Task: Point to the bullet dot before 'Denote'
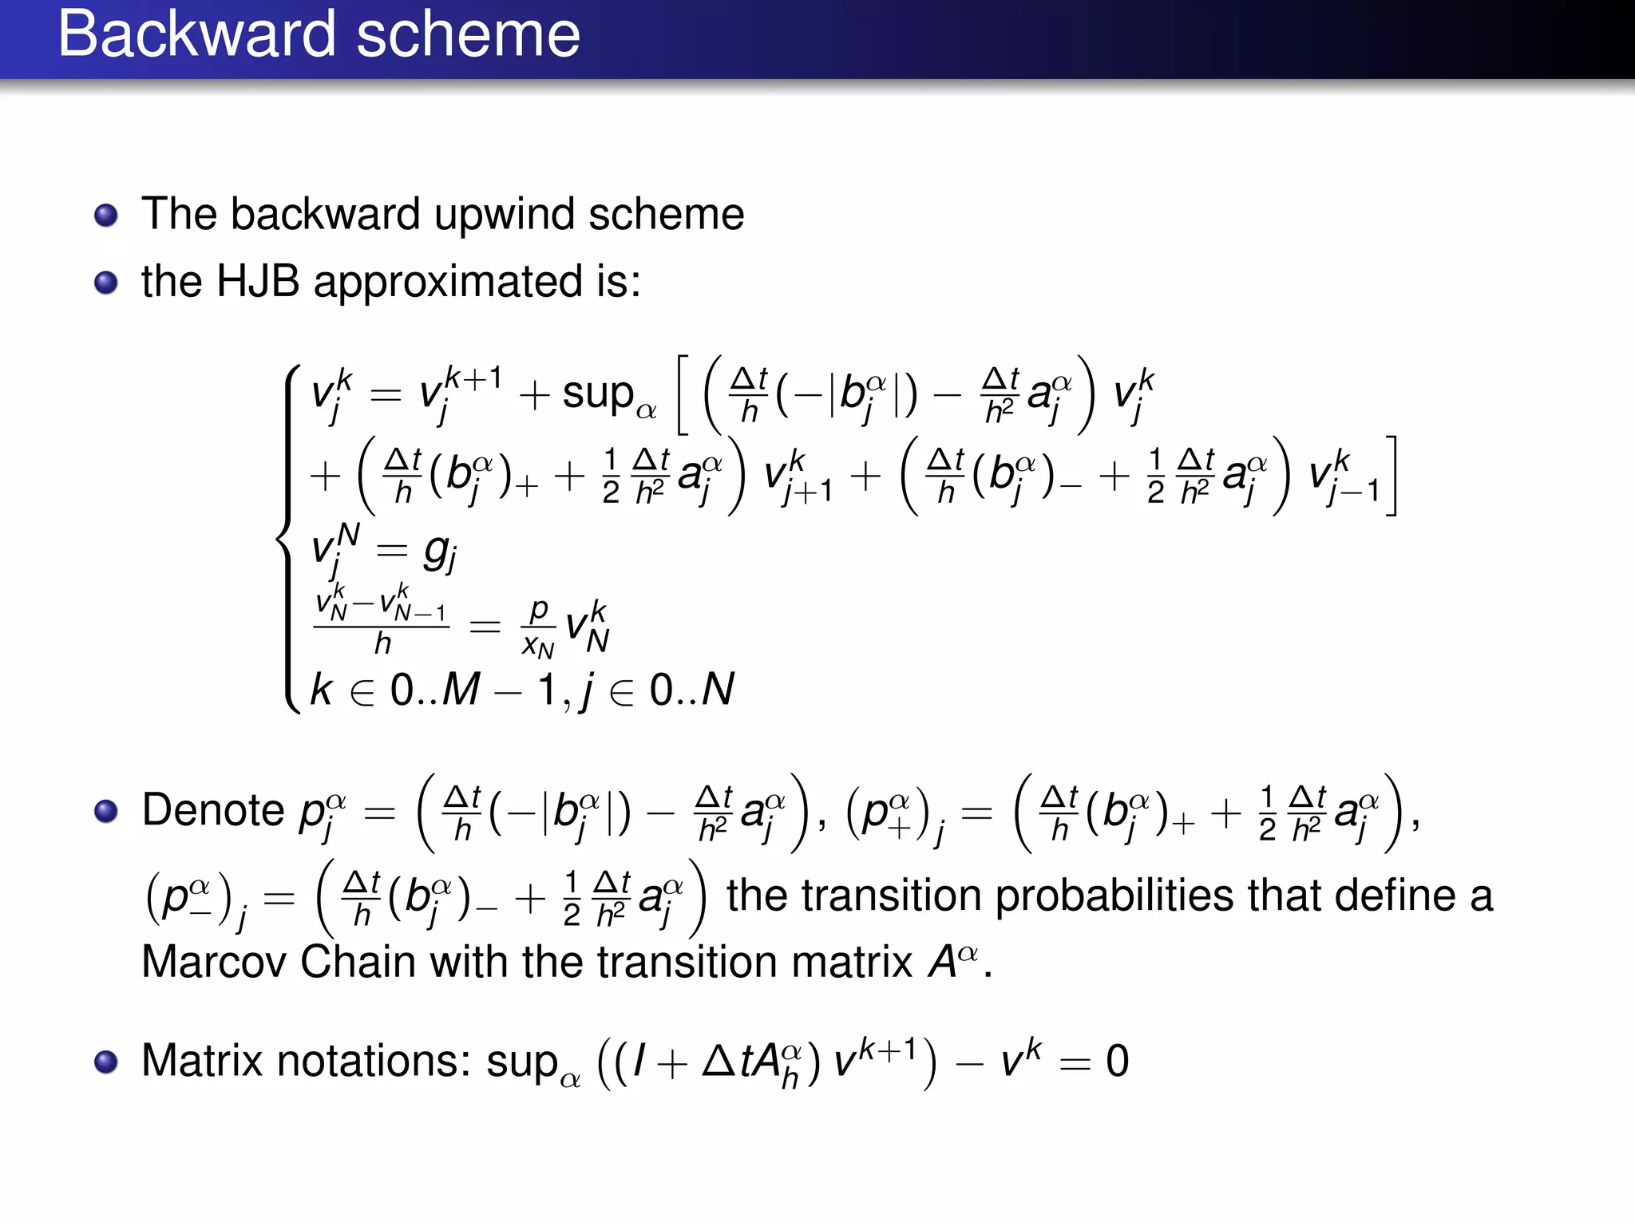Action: (x=106, y=812)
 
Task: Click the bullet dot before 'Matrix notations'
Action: (x=106, y=1062)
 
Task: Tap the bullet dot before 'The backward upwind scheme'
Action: (x=106, y=216)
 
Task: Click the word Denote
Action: (x=213, y=810)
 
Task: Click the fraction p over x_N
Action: (x=538, y=627)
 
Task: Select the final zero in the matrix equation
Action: (x=1117, y=1062)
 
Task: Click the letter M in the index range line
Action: (x=461, y=689)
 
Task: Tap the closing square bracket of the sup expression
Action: (x=1391, y=476)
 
